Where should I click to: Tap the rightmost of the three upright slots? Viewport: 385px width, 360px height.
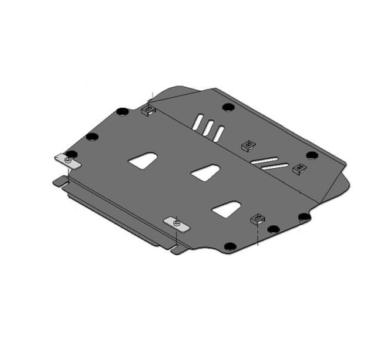click(219, 132)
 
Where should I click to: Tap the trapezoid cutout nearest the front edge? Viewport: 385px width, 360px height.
click(227, 207)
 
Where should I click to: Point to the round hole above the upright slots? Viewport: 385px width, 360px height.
click(226, 106)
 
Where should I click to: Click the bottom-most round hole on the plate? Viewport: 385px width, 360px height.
click(229, 247)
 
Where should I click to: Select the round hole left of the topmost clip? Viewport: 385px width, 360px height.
click(122, 111)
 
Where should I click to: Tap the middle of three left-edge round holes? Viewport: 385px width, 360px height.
click(92, 136)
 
